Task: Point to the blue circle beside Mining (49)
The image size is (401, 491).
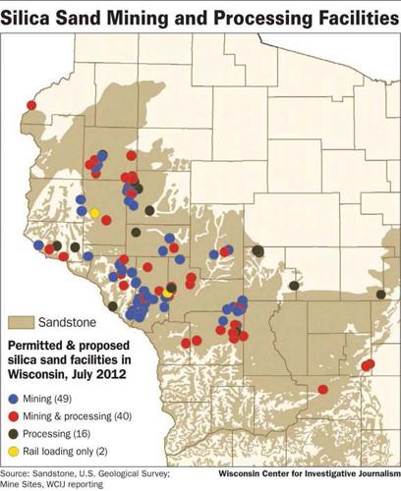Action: [13, 400]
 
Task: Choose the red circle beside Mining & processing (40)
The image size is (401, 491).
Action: [13, 416]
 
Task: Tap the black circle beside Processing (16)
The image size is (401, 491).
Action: [13, 433]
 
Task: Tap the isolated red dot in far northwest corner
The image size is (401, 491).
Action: [31, 104]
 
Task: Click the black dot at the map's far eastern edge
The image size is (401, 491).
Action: [379, 294]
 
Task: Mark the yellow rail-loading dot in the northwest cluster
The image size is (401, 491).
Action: [94, 212]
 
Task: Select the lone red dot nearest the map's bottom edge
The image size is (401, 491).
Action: [322, 390]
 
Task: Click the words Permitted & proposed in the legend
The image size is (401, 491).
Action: [67, 347]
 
